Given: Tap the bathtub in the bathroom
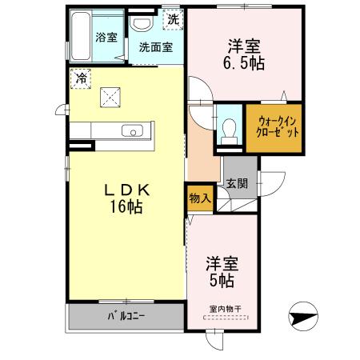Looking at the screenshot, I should pos(78,36).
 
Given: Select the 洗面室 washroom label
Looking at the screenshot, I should pos(155,47).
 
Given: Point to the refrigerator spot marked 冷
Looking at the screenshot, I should pos(82,78).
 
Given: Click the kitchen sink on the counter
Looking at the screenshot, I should pos(131,130).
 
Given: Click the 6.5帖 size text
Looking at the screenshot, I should pos(245,64).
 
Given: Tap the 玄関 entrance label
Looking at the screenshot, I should pos(237,183).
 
